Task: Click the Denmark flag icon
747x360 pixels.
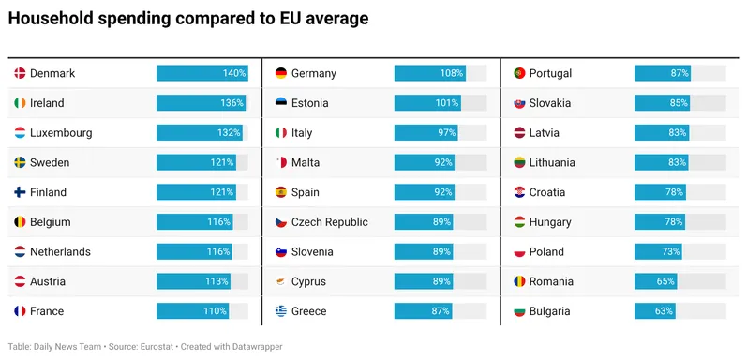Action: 20,73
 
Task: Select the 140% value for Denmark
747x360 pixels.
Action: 234,73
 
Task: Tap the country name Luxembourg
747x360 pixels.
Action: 61,133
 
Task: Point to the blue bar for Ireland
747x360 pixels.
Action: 201,103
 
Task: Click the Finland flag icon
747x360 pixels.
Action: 20,192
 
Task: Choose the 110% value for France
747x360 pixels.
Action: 216,311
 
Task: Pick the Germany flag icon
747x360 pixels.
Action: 281,73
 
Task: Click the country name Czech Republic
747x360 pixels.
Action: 330,222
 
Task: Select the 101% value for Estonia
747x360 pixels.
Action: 448,103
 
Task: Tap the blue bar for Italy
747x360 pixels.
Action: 426,132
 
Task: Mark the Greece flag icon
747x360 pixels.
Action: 281,311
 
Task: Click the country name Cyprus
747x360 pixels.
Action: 308,282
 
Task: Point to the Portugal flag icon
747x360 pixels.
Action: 519,73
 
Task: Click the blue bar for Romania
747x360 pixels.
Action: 655,281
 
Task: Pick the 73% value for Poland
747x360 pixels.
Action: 670,252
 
